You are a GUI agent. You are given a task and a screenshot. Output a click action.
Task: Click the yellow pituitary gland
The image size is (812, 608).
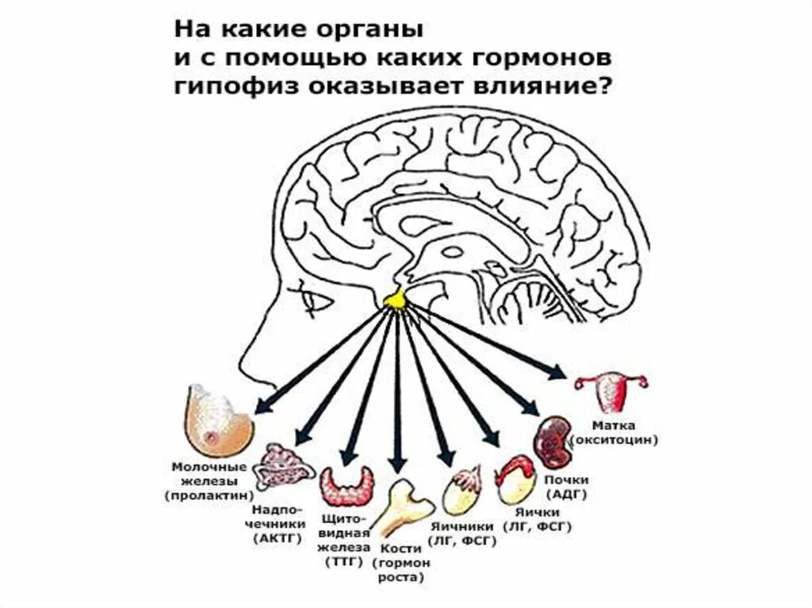point(395,299)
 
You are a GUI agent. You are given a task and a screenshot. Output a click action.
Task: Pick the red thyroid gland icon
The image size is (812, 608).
point(347,486)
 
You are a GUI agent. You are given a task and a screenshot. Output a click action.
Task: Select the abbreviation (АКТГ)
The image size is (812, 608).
point(277,538)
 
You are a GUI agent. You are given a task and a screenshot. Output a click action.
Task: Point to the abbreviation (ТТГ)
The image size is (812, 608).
point(344,562)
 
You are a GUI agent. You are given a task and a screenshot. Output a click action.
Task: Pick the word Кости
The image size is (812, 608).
point(401,548)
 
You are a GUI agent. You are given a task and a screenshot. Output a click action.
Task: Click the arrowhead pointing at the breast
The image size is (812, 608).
point(262,407)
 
